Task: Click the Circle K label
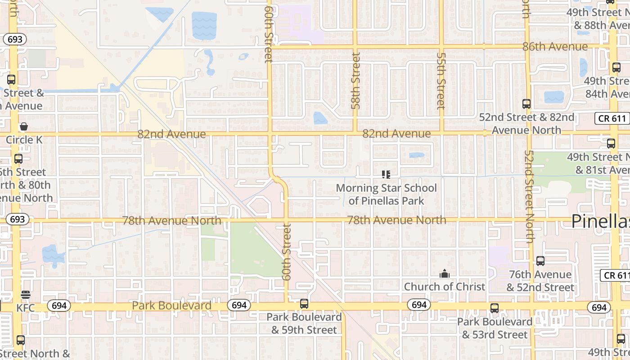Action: [24, 140]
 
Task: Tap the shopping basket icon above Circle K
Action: [24, 127]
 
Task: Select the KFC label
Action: [25, 308]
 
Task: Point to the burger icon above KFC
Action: [25, 295]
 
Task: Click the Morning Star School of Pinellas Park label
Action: [386, 194]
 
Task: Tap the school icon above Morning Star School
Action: [386, 174]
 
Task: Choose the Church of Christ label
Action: [445, 287]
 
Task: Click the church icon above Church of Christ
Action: [445, 274]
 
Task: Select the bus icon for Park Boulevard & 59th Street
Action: [304, 304]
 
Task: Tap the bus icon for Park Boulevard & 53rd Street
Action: [495, 308]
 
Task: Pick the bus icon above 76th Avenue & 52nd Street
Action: [540, 261]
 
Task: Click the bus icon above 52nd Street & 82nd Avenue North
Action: [526, 104]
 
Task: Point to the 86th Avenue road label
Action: [555, 47]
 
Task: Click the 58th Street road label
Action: [356, 81]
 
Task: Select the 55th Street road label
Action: [441, 81]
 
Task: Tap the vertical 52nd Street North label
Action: [529, 196]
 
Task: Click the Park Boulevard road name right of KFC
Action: [171, 306]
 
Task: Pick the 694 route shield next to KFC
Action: [59, 306]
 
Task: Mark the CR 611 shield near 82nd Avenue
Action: [612, 118]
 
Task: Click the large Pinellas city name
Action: [601, 221]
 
